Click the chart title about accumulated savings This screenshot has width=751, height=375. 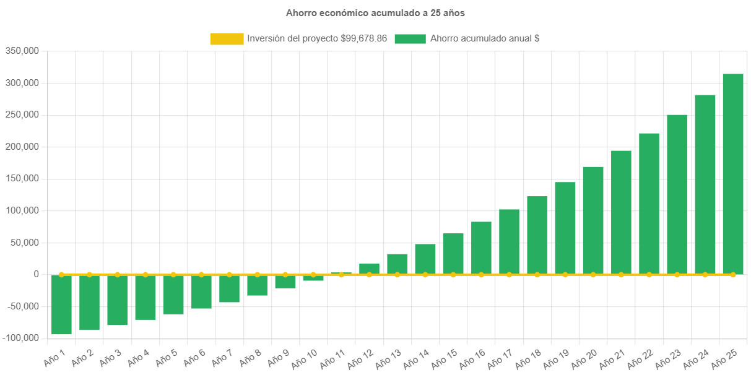[375, 12]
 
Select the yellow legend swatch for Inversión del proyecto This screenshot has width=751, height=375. [227, 38]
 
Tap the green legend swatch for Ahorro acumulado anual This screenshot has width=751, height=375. [410, 38]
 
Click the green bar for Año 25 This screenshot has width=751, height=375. [733, 174]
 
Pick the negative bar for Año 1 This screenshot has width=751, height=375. [61, 304]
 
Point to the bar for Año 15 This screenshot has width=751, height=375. [453, 254]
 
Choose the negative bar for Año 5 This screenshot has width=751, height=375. [173, 295]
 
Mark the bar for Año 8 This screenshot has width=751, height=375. [257, 285]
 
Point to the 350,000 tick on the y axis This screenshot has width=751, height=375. [22, 51]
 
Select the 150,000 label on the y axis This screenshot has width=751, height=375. [22, 179]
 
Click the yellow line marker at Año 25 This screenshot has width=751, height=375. [733, 274]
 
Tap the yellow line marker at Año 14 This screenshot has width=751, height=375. [425, 274]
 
